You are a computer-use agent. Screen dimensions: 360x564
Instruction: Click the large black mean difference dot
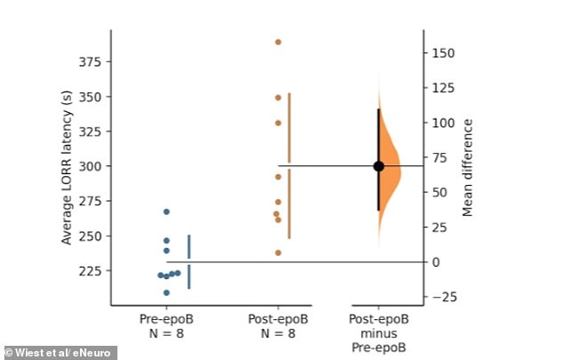(x=378, y=165)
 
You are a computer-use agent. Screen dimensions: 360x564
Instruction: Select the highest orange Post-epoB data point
(x=278, y=42)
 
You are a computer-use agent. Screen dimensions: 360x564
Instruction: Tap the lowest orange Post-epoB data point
(x=278, y=252)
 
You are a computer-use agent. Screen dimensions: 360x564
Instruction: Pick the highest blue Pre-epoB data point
(x=166, y=212)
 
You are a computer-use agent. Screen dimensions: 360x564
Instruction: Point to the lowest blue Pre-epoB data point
(x=166, y=292)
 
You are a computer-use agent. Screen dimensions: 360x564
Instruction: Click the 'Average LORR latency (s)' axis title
(x=67, y=166)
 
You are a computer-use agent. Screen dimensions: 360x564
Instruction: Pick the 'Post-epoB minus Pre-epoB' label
(x=379, y=332)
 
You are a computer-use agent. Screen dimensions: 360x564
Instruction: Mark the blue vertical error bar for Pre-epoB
(x=189, y=261)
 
